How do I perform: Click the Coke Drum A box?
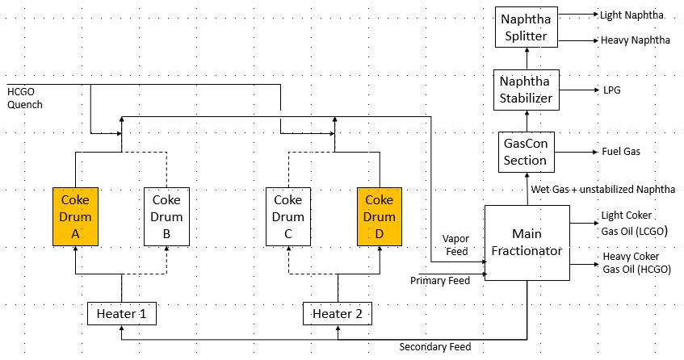[76, 216]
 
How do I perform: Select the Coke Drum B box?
[166, 216]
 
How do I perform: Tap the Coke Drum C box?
[288, 216]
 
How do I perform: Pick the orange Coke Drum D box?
[380, 216]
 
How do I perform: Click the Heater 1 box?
[121, 313]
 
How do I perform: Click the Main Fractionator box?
[527, 242]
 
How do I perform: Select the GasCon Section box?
[527, 152]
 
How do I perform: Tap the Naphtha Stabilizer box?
[527, 90]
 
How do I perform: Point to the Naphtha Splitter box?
[527, 27]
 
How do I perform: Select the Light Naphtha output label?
[633, 15]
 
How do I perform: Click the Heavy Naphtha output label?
[636, 40]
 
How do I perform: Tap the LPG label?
[611, 90]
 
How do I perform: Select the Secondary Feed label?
[435, 347]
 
